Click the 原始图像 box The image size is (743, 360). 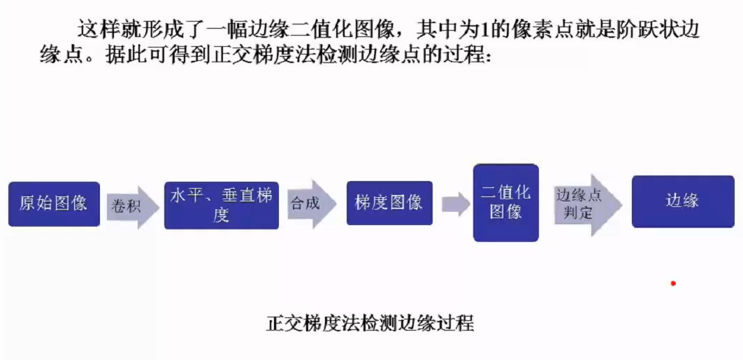pos(54,204)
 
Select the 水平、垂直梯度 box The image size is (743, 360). pos(221,205)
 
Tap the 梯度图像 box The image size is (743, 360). pos(389,203)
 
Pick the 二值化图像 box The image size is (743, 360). pos(506,203)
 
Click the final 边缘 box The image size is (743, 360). pos(681,201)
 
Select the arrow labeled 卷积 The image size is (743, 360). pos(132,206)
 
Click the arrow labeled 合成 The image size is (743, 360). pos(309,203)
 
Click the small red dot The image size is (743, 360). pos(673,284)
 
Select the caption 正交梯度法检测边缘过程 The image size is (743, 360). pos(370,324)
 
